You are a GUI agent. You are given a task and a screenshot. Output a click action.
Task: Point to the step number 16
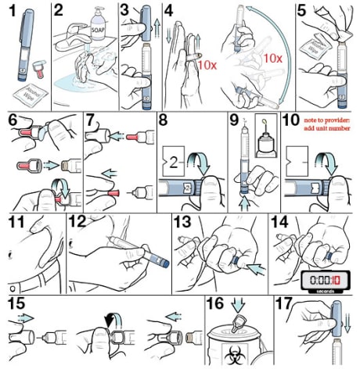[214, 306]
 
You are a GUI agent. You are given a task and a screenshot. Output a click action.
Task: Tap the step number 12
[78, 222]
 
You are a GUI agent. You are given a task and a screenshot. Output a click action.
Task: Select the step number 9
[232, 121]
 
